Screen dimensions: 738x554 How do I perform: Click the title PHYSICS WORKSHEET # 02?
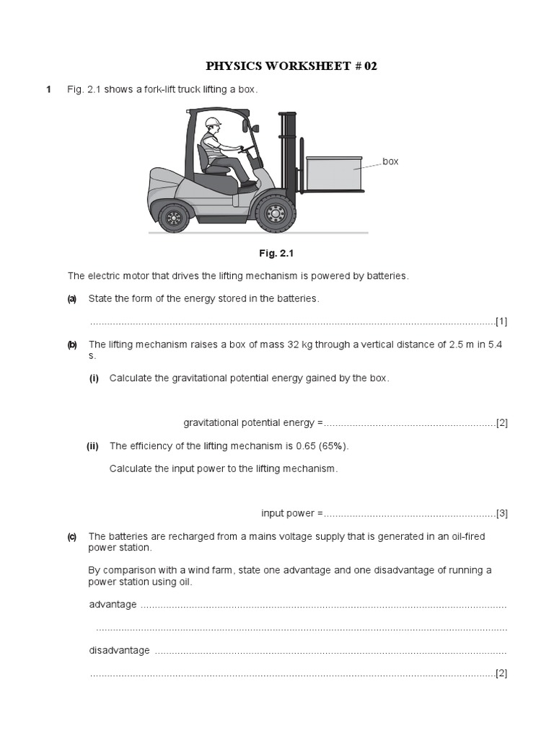coord(291,66)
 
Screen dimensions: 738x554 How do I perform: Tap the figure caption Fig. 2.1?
coord(277,254)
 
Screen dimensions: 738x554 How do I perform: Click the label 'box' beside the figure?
coord(390,161)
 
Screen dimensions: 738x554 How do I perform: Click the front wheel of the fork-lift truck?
coord(276,214)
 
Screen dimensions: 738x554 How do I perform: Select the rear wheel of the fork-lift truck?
coord(174,217)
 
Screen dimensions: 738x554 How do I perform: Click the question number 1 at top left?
coord(49,89)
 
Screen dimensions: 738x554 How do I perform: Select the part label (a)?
coord(72,299)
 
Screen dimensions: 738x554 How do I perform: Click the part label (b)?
coord(72,344)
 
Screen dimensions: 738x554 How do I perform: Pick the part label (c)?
coord(72,536)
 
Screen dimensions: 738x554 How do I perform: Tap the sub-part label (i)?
coord(94,378)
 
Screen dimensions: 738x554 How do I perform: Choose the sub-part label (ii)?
coord(92,446)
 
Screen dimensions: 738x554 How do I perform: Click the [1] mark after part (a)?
coord(501,321)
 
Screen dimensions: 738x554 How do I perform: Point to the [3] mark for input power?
coord(501,513)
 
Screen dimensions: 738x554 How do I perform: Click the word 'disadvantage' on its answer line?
coord(119,650)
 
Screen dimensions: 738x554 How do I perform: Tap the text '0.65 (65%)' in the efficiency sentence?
coord(322,446)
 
